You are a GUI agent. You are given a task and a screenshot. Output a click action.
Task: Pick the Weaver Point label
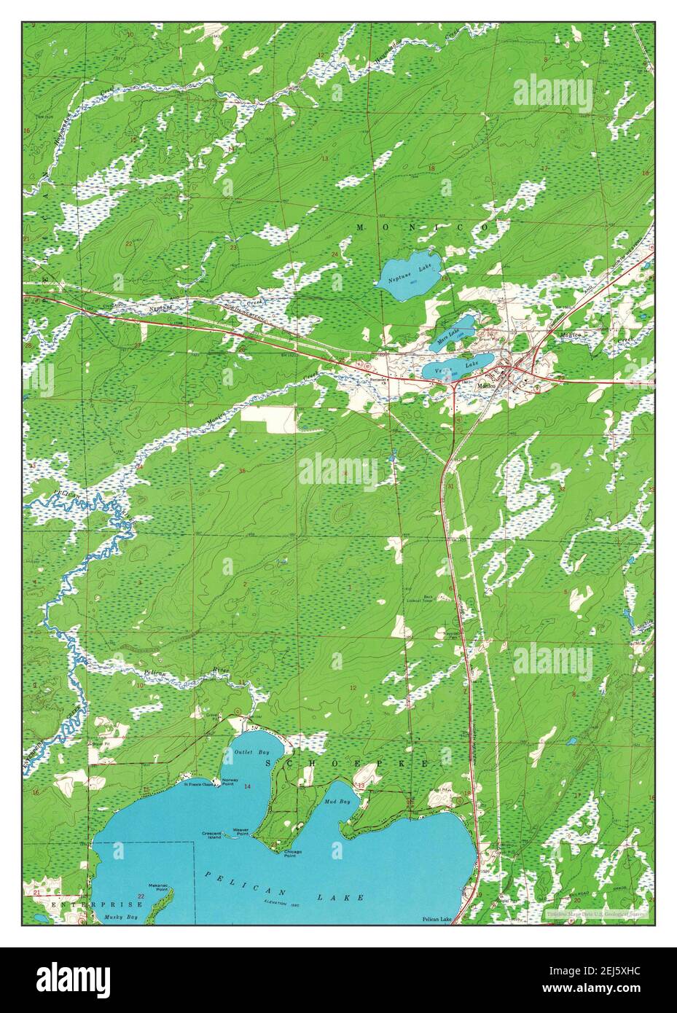tap(240, 830)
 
